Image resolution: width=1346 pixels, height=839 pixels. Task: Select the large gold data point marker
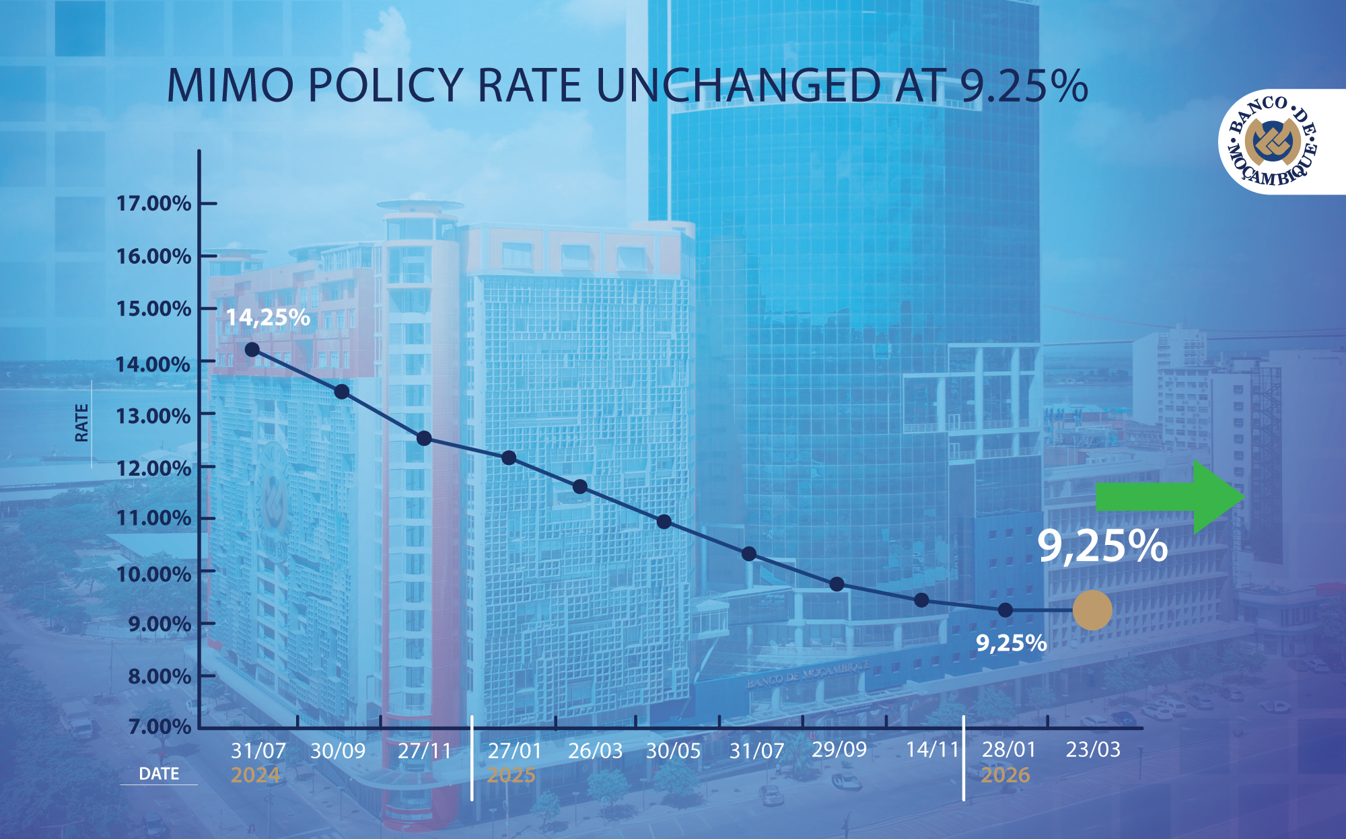coord(1092,610)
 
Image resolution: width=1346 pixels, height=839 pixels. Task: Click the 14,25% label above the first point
coord(268,318)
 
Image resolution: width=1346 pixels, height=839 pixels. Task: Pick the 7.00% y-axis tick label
coord(160,727)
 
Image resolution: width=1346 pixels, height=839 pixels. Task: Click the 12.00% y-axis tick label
coord(154,468)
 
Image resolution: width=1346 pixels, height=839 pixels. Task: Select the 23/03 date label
coord(1093,750)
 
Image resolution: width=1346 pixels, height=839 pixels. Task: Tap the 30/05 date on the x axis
coord(673,751)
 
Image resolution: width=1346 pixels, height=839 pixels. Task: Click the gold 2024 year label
coord(255,775)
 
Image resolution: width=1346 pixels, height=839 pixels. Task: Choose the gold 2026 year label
coord(1005,775)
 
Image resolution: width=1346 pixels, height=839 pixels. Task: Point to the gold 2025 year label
coord(511,775)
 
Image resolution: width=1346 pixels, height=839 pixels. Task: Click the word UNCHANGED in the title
coord(738,85)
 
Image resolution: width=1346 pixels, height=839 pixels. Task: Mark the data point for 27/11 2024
coord(424,439)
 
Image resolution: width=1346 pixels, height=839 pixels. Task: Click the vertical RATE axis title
coord(81,423)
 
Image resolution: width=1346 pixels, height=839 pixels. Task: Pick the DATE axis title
coord(159,774)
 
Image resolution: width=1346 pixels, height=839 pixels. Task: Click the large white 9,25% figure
coord(1102,546)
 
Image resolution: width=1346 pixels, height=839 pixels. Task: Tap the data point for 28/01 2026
coord(1005,610)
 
